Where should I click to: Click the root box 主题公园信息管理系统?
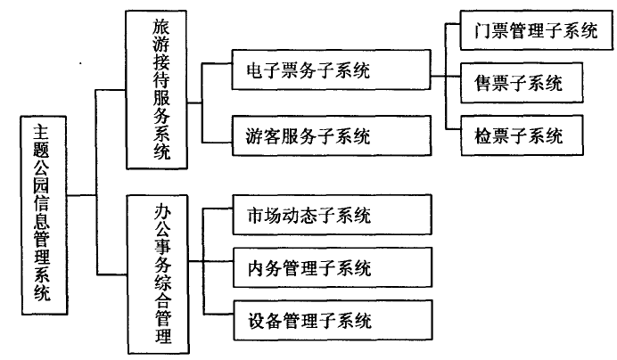click(44, 216)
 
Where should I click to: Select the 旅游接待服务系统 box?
click(156, 90)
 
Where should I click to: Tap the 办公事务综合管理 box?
click(158, 274)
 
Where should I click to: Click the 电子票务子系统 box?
click(332, 70)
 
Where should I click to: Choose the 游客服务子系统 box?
click(332, 135)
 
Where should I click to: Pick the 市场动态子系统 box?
click(332, 215)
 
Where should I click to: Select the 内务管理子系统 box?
click(333, 267)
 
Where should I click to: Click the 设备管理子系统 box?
click(333, 320)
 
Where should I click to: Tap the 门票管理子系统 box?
click(537, 30)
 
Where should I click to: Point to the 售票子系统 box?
click(522, 83)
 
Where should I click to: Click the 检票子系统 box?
click(522, 135)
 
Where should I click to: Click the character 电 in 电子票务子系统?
click(255, 70)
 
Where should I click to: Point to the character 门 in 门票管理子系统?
click(482, 30)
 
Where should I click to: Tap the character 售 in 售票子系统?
click(482, 84)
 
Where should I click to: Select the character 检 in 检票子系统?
click(483, 136)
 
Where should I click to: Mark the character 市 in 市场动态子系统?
click(256, 216)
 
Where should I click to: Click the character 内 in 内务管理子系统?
click(256, 268)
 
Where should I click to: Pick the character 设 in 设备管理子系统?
click(257, 321)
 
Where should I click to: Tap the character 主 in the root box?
click(41, 133)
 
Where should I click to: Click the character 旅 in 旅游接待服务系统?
click(161, 27)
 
